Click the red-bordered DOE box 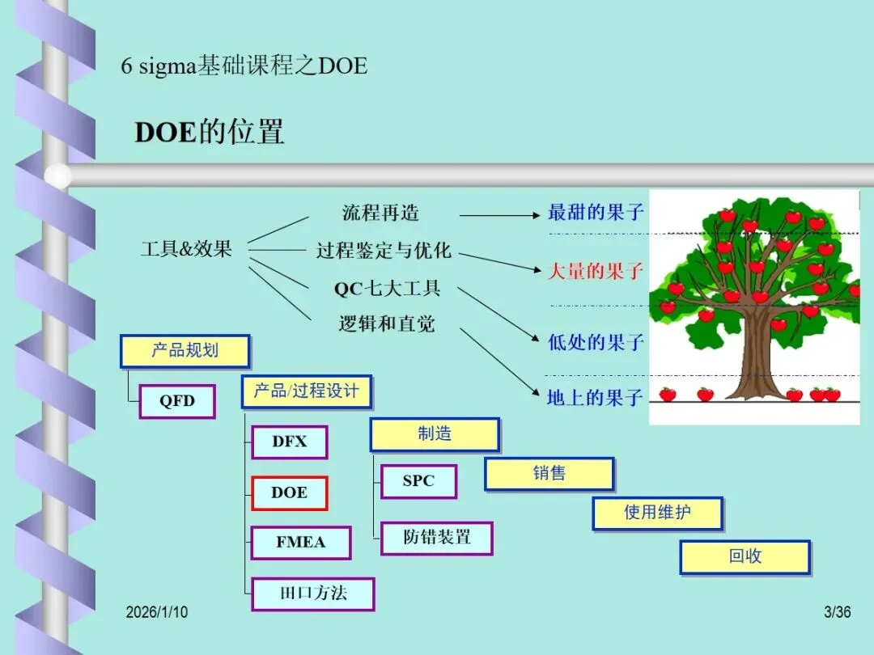(289, 493)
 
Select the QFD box (177, 401)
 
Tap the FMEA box (300, 543)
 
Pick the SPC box (418, 481)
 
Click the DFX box (289, 442)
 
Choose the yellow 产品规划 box (185, 352)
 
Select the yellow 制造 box (435, 434)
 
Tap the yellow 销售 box (549, 474)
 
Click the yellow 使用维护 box (657, 513)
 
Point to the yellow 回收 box (745, 557)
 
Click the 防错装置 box (437, 537)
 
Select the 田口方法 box (312, 594)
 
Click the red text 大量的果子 (595, 271)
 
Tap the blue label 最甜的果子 (595, 213)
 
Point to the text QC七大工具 (387, 288)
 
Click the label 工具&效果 (186, 249)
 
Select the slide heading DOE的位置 (209, 132)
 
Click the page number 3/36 (837, 612)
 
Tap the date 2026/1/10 (156, 612)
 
